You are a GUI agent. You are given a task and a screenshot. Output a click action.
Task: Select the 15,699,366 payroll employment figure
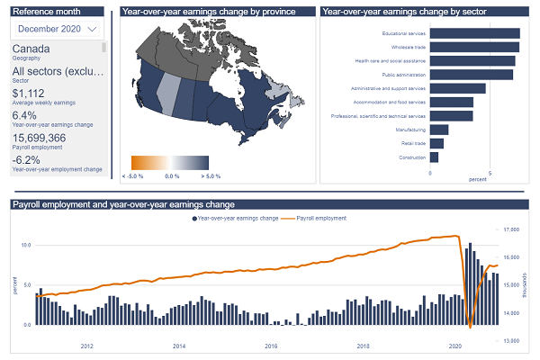click(39, 138)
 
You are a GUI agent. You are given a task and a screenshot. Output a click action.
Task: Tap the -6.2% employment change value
click(28, 160)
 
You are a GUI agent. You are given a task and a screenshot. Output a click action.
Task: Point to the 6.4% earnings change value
click(25, 115)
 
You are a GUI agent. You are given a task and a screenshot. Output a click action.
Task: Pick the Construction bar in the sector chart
click(434, 157)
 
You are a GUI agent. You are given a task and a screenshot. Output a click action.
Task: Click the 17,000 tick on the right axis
click(512, 230)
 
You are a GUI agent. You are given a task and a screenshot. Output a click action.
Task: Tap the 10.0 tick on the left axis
click(25, 245)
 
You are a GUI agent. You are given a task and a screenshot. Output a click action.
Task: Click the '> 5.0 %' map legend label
click(211, 175)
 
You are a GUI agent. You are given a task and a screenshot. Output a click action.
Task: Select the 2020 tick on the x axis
click(454, 346)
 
